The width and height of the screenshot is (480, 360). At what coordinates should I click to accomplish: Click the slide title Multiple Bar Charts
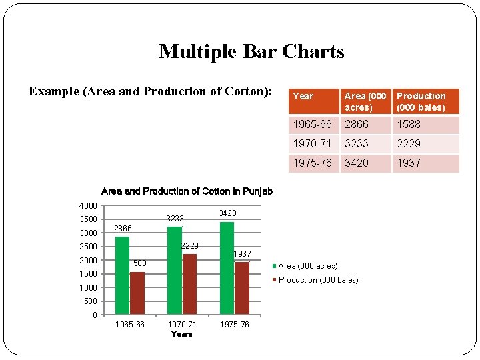click(x=251, y=51)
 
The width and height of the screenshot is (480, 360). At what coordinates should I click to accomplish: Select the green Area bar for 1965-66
click(x=122, y=275)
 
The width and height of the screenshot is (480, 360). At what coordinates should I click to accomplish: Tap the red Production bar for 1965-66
click(x=137, y=293)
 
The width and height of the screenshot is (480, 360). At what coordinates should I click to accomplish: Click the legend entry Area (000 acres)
click(x=307, y=266)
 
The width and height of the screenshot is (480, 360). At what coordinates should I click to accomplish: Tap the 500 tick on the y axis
click(x=91, y=301)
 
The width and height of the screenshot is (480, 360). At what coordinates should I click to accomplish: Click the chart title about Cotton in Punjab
click(x=187, y=191)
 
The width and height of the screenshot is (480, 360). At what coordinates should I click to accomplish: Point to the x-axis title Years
click(x=181, y=334)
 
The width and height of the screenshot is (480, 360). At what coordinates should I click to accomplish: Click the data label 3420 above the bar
click(x=227, y=213)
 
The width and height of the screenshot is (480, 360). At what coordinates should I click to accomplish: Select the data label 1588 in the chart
click(x=137, y=263)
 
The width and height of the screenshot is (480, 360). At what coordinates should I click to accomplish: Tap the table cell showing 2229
click(x=409, y=143)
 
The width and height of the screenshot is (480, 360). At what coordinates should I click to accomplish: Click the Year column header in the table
click(x=303, y=96)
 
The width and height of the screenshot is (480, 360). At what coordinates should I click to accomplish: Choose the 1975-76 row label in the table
click(x=312, y=163)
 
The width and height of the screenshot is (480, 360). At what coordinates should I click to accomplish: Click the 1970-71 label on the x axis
click(x=181, y=325)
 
